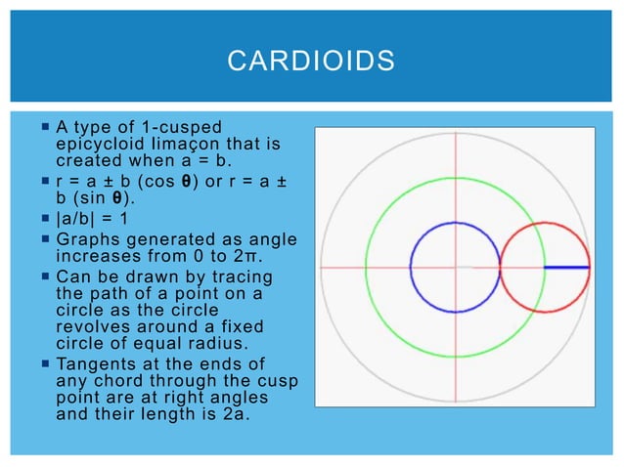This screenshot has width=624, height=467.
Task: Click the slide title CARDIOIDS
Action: (311, 63)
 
